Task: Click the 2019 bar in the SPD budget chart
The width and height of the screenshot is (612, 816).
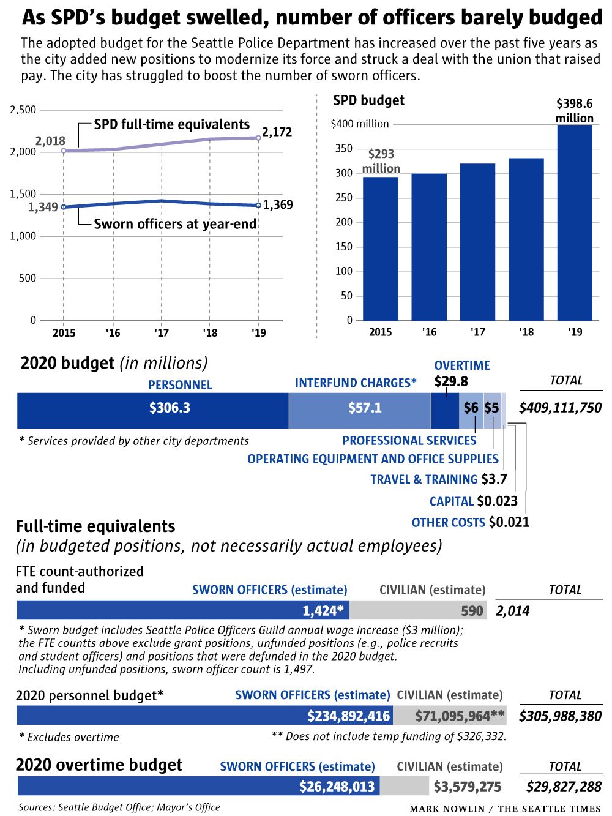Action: (575, 223)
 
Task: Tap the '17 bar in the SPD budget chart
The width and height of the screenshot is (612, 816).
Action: (477, 242)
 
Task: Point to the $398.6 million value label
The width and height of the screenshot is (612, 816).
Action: (574, 111)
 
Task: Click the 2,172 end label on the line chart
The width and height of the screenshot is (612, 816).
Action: (277, 132)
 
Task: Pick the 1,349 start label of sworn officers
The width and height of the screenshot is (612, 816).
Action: (43, 208)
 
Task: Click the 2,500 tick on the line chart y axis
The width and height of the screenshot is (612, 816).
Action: (23, 110)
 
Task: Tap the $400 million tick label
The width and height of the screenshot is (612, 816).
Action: (359, 124)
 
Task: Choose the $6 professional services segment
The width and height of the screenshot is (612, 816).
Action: (471, 409)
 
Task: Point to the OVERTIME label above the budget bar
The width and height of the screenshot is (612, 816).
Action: (462, 365)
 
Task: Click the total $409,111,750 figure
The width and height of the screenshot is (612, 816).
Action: (560, 408)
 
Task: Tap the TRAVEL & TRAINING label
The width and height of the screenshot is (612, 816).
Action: (424, 479)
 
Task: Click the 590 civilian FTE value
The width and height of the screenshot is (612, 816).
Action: (472, 611)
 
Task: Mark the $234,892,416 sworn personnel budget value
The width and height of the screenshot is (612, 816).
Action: (348, 716)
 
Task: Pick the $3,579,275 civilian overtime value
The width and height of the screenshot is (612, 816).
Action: (468, 787)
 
